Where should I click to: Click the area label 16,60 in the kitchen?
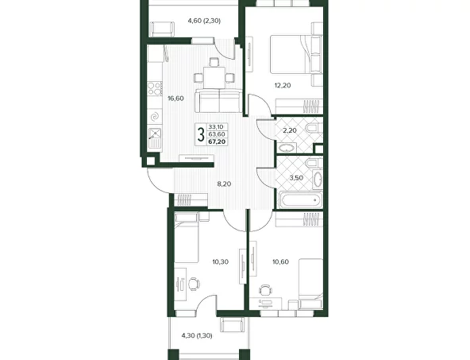click(175, 99)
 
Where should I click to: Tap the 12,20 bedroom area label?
click(283, 86)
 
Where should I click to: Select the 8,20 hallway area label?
click(224, 184)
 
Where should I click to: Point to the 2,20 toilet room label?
click(290, 130)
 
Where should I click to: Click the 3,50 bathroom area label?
click(296, 177)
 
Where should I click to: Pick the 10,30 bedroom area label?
click(221, 262)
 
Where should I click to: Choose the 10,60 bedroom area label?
click(280, 262)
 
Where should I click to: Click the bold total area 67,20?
click(217, 142)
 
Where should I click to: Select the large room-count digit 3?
click(201, 134)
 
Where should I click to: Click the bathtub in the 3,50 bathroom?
click(300, 200)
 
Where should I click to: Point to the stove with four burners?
click(155, 89)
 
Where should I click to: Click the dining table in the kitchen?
click(214, 78)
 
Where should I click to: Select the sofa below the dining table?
click(219, 100)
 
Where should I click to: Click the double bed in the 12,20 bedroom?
click(295, 54)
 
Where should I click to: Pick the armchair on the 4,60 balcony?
click(162, 29)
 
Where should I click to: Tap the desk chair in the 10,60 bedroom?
click(265, 290)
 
